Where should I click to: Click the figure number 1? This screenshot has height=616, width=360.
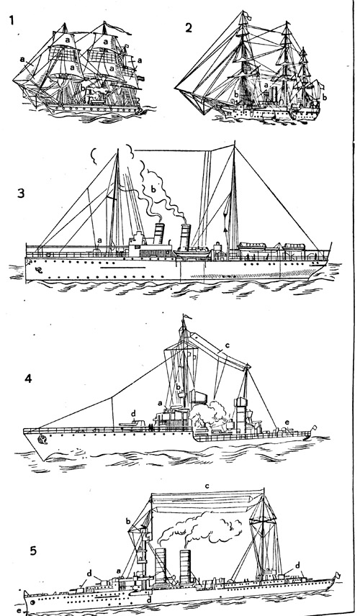pos(12,19)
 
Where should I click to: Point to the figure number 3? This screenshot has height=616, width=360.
pos(21,194)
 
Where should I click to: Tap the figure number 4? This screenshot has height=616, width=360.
pos(28,379)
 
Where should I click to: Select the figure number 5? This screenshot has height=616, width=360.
pos(33,551)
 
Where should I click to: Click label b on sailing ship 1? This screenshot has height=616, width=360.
pos(83,87)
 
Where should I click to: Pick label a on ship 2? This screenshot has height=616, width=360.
pos(266,84)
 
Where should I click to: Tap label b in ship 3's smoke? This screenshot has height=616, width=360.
pos(153,189)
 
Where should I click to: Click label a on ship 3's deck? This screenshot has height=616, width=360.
pos(99,240)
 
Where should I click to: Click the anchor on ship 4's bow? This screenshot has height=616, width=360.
pos(40,440)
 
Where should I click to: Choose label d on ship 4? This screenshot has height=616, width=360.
pos(133,413)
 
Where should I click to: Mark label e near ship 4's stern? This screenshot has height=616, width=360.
pos(287,422)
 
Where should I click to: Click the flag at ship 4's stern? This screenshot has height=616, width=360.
pos(313,427)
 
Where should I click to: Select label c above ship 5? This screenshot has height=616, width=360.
pos(207,486)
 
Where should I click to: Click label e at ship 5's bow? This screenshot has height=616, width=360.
pos(19,611)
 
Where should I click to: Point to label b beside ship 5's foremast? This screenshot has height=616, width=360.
pos(127,521)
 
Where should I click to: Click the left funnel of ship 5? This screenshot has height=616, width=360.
pos(161,566)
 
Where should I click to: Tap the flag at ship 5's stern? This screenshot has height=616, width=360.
pos(336,575)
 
